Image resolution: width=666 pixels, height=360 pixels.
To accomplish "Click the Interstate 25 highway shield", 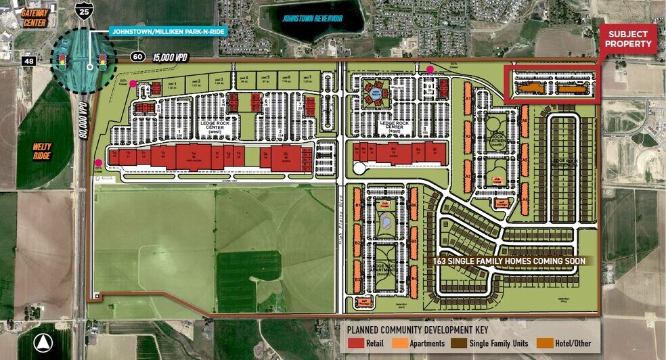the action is click(83, 10).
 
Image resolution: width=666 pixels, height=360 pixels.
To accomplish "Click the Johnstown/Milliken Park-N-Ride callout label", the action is click(167, 31).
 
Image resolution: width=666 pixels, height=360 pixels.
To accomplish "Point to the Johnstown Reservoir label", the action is click(312, 18).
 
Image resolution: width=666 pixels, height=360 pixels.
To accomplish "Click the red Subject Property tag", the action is click(629, 39).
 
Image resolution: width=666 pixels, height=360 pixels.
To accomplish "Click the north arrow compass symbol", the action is click(43, 342).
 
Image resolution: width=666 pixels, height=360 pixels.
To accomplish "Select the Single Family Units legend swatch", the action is click(461, 343).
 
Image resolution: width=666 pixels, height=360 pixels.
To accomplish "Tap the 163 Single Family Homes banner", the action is click(511, 261).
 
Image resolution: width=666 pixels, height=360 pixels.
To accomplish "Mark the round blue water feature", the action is click(384, 220).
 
